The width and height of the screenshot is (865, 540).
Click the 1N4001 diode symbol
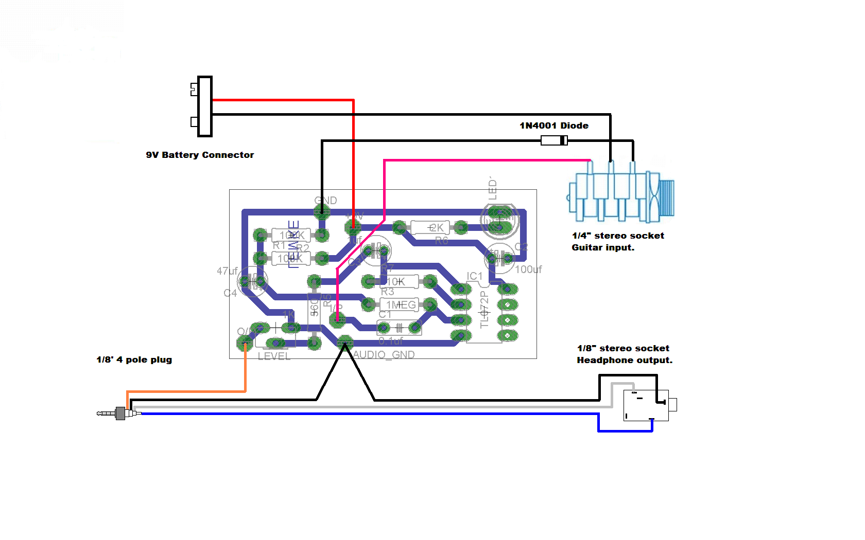[554, 140]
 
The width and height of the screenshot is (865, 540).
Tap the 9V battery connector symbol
[204, 106]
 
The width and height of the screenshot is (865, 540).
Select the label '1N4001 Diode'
[553, 125]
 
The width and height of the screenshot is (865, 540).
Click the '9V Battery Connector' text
[200, 155]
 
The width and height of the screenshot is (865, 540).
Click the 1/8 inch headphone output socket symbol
[647, 405]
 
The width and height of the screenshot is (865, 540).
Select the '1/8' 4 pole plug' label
[134, 359]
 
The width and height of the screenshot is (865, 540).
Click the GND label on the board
[325, 200]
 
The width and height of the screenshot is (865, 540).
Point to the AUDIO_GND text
[384, 355]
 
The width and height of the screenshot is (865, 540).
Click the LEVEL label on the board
[274, 356]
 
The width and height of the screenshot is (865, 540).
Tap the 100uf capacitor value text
[528, 269]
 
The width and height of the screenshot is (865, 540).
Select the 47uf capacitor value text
[227, 271]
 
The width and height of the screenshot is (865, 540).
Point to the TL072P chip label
[484, 309]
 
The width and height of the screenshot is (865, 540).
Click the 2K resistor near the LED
[430, 227]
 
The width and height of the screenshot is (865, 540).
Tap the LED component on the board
[499, 220]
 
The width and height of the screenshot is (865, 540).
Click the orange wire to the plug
[185, 391]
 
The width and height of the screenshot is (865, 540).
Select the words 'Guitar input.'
[603, 247]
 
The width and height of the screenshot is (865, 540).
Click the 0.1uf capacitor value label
[391, 341]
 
